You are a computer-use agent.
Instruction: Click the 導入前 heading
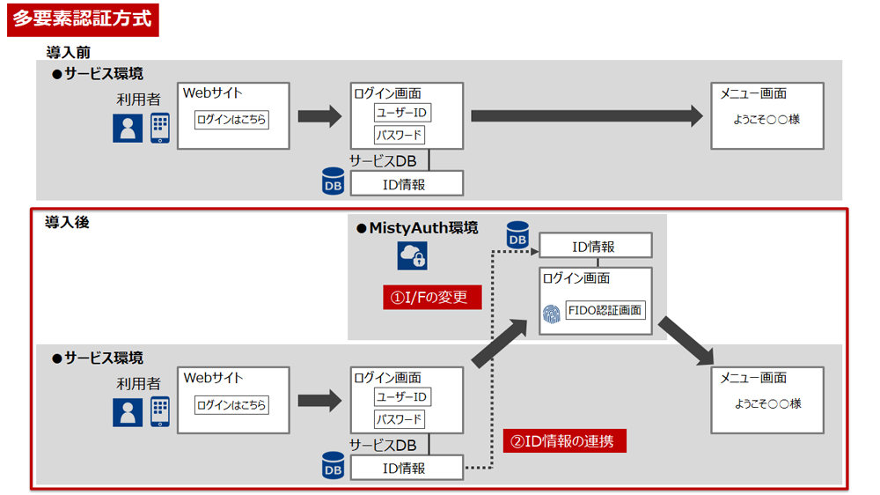(68, 53)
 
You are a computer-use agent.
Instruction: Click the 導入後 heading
(67, 223)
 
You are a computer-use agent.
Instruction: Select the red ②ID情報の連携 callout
(564, 441)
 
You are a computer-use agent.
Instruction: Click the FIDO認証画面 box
(605, 310)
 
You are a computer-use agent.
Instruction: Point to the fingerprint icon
(551, 313)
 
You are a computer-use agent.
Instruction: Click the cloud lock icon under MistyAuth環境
(413, 255)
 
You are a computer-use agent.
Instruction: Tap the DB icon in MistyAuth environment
(517, 235)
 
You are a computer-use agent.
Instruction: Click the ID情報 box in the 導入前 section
(407, 183)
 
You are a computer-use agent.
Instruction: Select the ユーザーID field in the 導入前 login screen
(403, 113)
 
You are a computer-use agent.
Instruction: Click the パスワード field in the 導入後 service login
(400, 419)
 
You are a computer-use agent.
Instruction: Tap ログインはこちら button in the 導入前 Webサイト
(231, 120)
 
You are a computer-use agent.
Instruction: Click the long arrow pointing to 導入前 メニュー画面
(586, 115)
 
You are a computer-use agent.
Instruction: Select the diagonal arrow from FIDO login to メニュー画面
(686, 338)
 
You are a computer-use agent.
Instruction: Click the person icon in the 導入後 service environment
(128, 412)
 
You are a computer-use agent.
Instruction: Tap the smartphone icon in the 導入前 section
(159, 129)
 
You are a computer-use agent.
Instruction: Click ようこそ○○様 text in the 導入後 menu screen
(766, 403)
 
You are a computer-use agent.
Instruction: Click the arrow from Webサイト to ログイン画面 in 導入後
(319, 401)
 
